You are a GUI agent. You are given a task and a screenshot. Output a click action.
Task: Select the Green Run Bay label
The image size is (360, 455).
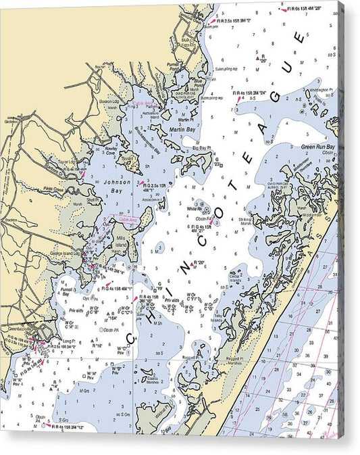point(317,147)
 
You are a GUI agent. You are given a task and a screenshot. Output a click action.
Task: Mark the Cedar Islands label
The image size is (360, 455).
point(234,277)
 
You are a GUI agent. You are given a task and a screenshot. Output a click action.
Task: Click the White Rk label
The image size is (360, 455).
point(195,209)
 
